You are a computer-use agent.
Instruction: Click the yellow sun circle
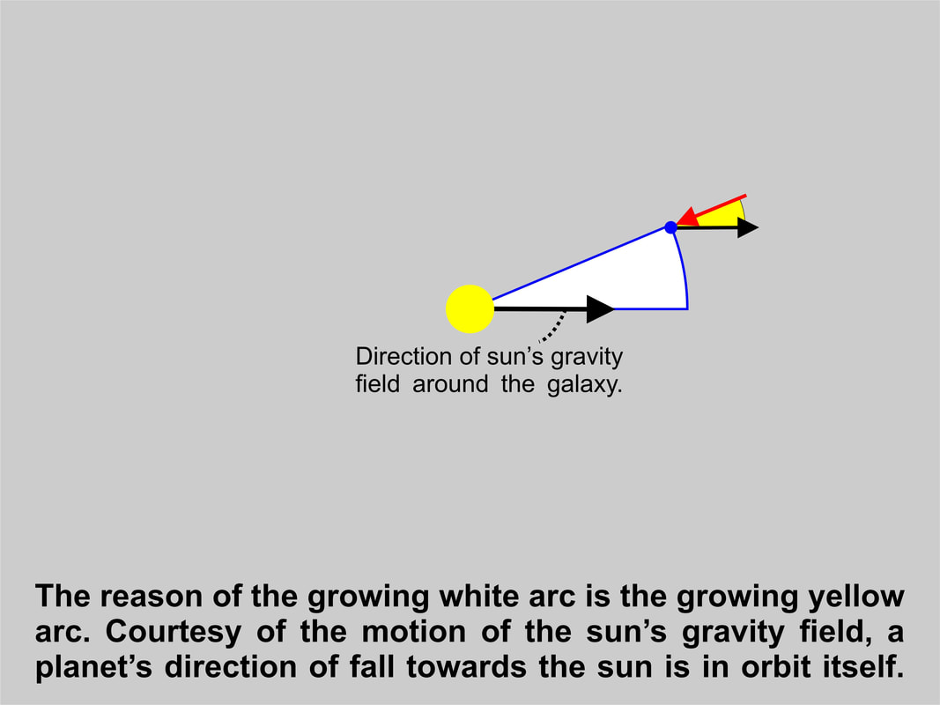470,308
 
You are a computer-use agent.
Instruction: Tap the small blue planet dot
670,227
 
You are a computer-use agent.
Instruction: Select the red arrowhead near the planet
688,217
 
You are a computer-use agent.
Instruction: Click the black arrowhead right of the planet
748,228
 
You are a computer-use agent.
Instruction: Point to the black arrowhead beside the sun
600,308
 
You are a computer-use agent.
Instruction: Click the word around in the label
450,383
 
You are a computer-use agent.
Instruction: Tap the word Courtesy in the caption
174,632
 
